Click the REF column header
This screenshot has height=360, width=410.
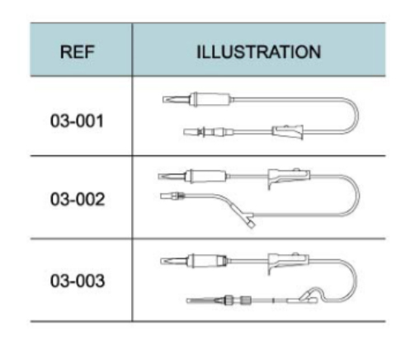click(78, 52)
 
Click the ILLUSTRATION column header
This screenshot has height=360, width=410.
click(259, 52)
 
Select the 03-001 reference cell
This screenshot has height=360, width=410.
click(77, 121)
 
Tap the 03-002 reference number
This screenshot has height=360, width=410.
click(78, 199)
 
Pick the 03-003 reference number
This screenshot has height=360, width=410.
click(78, 281)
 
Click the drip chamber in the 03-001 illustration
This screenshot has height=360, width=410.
click(211, 99)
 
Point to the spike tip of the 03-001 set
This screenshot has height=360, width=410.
click(163, 100)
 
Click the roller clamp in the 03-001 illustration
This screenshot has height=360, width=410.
click(288, 132)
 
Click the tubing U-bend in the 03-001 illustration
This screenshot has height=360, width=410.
click(358, 116)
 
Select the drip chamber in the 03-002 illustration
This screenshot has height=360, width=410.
click(207, 177)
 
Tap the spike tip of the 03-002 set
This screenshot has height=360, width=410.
click(159, 177)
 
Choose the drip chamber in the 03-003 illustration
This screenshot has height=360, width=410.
click(208, 261)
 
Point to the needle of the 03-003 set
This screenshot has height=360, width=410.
click(201, 301)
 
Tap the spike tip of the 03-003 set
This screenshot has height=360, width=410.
click(161, 261)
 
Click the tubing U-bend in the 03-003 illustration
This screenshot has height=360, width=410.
click(356, 280)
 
